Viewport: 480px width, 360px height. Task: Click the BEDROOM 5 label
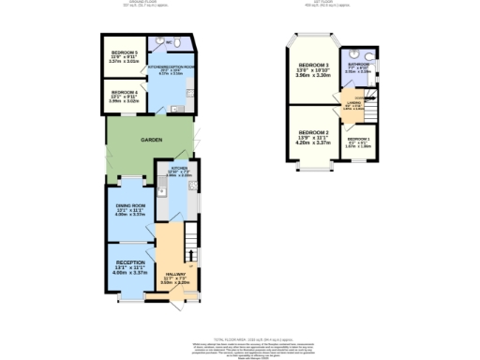point(124,52)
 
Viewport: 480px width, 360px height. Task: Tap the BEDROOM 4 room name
point(124,91)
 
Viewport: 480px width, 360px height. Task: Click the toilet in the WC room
point(180,44)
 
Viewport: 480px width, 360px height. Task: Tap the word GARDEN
point(152,139)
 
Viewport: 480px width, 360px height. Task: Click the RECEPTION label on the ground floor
point(130,262)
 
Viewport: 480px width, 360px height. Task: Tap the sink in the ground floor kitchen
point(160,193)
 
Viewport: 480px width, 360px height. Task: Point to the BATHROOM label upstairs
point(357,64)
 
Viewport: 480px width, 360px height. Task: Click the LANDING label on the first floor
point(352,103)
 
